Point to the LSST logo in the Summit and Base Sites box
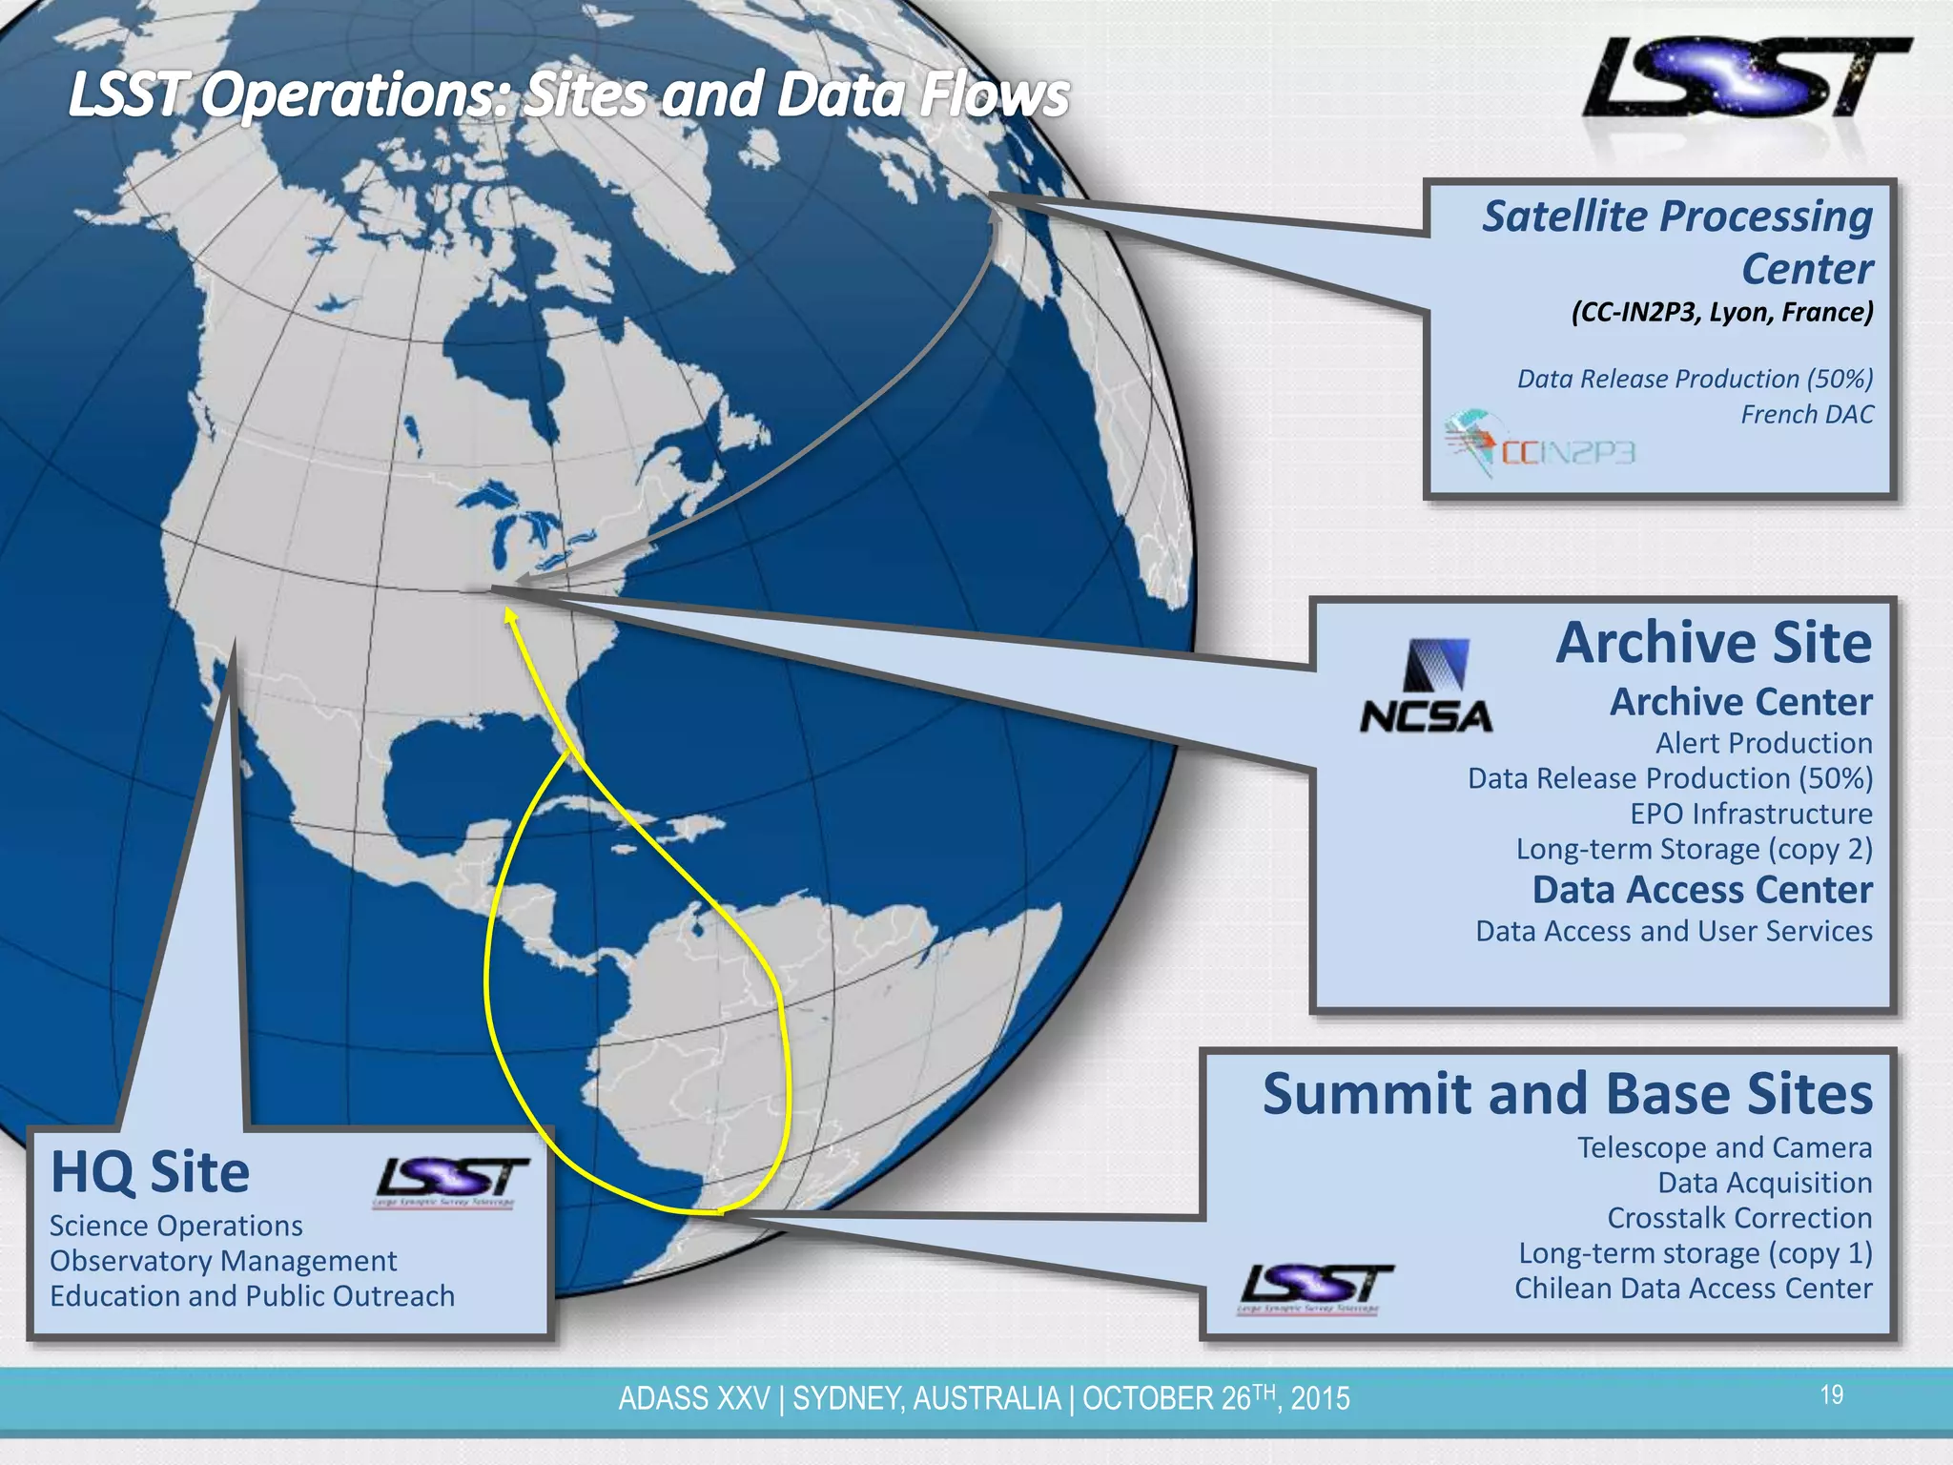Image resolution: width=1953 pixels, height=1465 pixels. [x=1315, y=1287]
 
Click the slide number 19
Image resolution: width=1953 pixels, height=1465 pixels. [x=1831, y=1395]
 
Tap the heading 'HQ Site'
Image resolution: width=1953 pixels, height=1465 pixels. [x=150, y=1172]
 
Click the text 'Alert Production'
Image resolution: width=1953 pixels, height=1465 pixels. [x=1763, y=743]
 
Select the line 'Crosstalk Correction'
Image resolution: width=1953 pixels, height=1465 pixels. [x=1739, y=1218]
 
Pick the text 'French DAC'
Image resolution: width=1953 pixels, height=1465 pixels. [x=1806, y=415]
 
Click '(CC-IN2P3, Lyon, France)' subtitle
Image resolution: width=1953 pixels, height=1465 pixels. [x=1722, y=313]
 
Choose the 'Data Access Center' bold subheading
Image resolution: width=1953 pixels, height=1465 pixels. [x=1702, y=890]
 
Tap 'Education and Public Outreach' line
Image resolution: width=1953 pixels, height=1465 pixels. [x=252, y=1296]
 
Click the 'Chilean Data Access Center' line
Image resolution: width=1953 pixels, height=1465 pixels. [x=1694, y=1289]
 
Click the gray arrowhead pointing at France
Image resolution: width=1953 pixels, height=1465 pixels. [x=995, y=217]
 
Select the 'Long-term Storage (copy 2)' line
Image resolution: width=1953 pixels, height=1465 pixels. [x=1694, y=849]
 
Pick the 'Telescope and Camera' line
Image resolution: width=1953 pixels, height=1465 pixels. [x=1724, y=1147]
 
